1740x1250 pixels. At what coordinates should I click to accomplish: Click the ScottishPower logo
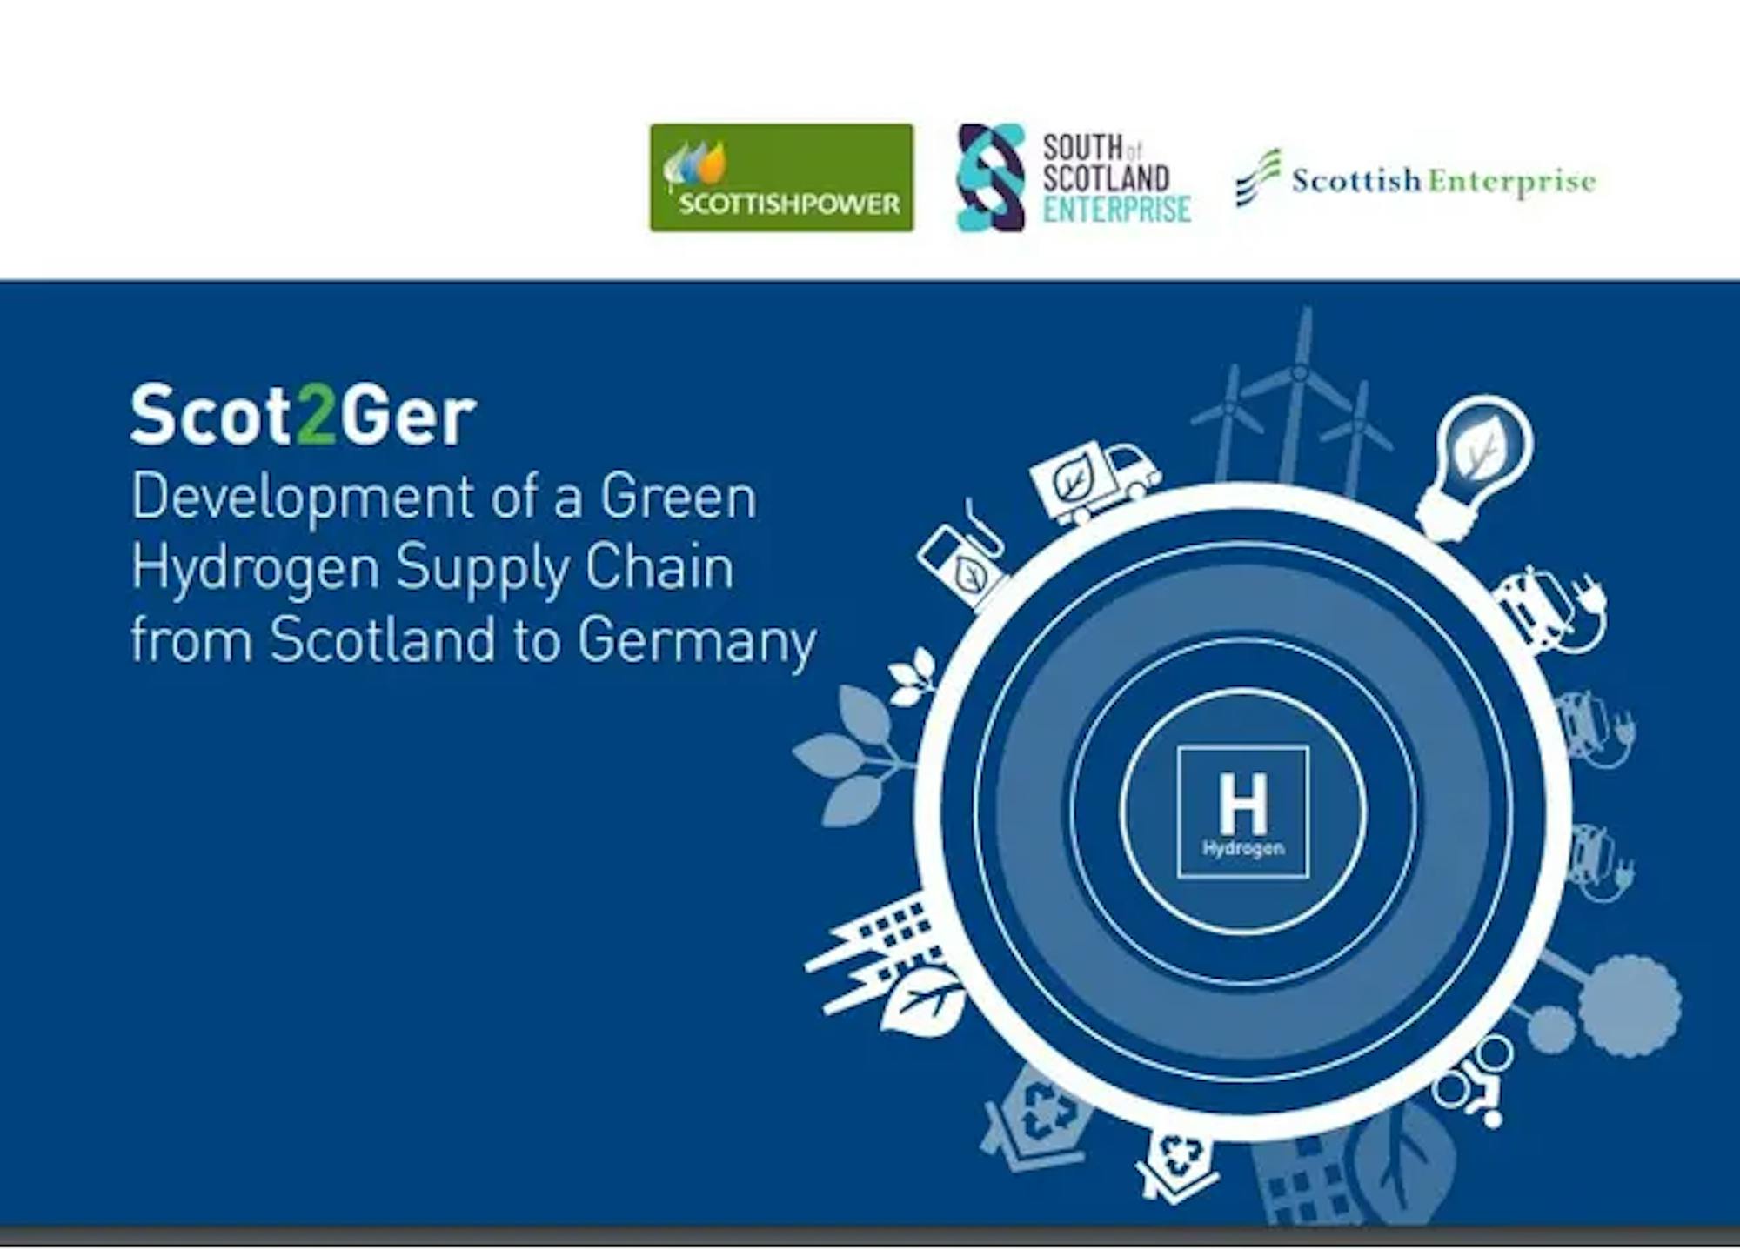pyautogui.click(x=781, y=177)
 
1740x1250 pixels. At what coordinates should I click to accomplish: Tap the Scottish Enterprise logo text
pyautogui.click(x=1444, y=182)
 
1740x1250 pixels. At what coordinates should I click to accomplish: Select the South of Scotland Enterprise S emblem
pyautogui.click(x=990, y=177)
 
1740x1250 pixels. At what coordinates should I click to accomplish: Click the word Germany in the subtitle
pyautogui.click(x=697, y=642)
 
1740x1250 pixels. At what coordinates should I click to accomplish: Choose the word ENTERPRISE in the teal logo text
pyautogui.click(x=1117, y=210)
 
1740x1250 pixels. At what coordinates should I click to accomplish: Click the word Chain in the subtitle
pyautogui.click(x=659, y=567)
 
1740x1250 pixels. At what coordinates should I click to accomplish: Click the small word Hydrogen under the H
pyautogui.click(x=1243, y=848)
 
